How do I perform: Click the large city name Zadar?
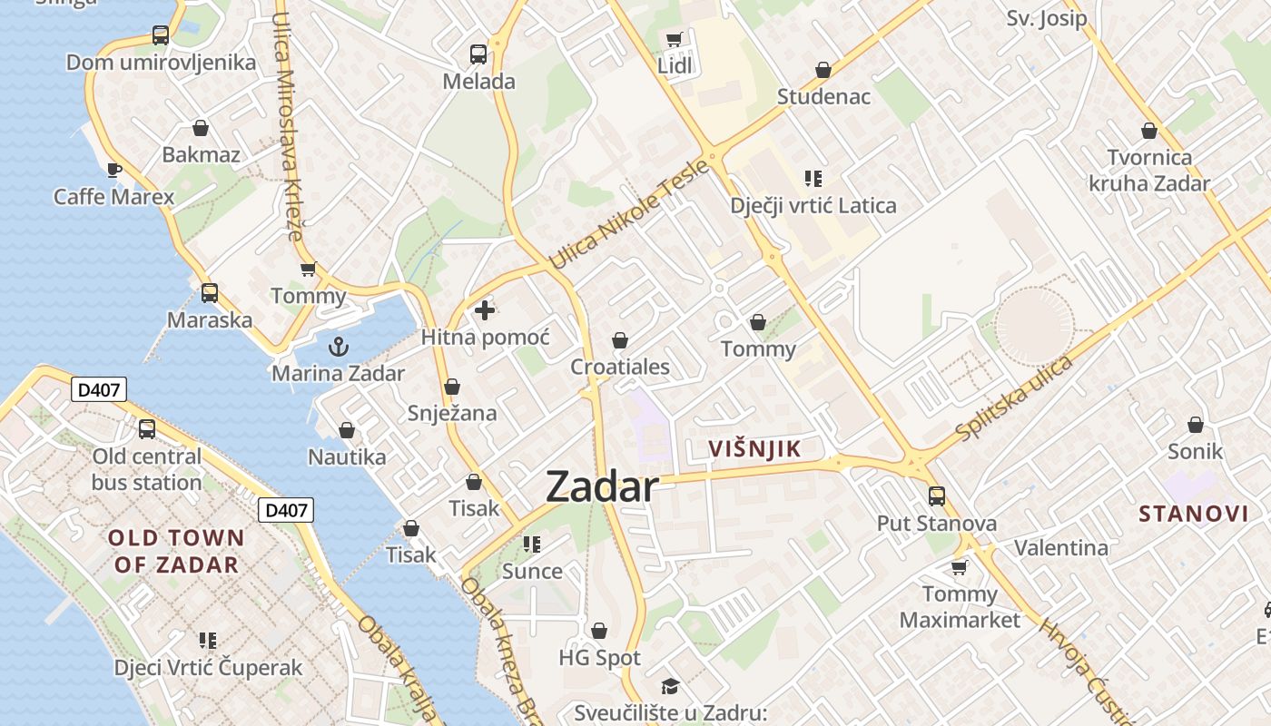tap(602, 488)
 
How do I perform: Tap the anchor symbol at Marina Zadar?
tap(338, 346)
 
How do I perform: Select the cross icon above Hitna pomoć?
tap(485, 310)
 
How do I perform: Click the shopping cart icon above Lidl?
tap(674, 39)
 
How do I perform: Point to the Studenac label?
tap(823, 96)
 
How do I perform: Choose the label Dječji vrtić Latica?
tap(813, 205)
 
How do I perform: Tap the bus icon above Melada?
tap(478, 54)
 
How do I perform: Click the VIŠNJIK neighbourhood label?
tap(754, 448)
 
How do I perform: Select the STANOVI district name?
tap(1194, 514)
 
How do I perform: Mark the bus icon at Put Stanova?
tap(937, 496)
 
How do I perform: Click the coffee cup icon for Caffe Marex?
tap(114, 170)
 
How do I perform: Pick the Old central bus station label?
tap(147, 469)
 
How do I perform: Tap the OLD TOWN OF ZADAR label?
tap(176, 551)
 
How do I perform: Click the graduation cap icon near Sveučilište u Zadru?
tap(670, 685)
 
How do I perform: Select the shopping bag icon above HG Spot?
tap(599, 631)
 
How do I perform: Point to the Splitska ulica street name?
tap(1015, 397)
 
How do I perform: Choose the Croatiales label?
tap(620, 367)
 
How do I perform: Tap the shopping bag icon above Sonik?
tap(1196, 425)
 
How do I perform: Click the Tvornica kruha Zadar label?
tap(1149, 171)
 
